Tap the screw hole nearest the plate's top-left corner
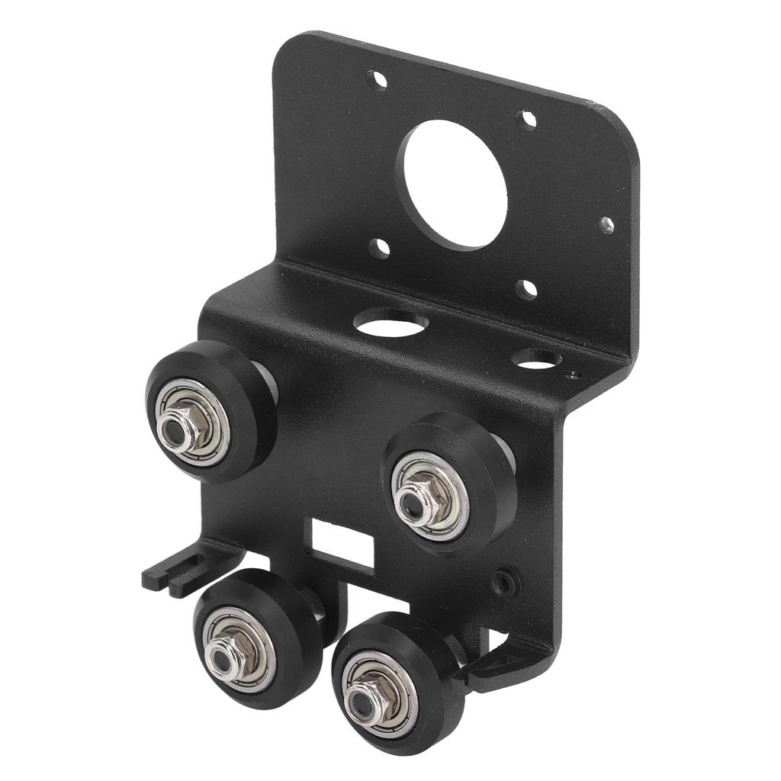pos(376,80)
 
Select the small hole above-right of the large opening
pos(525,119)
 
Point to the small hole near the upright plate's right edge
pos(606,225)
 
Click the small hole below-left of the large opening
pos(379,248)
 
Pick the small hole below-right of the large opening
pos(526,289)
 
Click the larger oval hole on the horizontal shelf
pos(390,324)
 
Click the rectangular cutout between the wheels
pos(340,541)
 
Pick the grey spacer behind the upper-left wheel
pos(266,381)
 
